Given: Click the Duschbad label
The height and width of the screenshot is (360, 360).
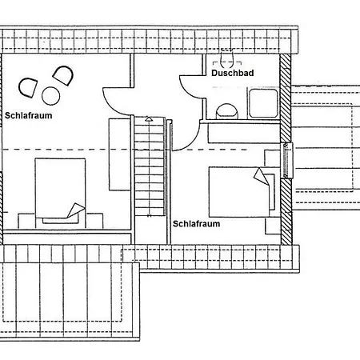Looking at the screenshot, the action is [x=233, y=73].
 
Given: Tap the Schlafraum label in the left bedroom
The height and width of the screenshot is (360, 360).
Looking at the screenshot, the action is [x=29, y=115].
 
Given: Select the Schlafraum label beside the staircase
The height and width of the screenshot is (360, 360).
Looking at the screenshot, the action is [x=197, y=224].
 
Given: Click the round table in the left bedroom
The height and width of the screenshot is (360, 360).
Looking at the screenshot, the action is [x=50, y=96].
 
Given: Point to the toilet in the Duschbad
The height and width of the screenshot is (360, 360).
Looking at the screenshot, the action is [x=227, y=111].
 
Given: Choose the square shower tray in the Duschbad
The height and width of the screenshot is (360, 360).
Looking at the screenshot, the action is [x=263, y=103].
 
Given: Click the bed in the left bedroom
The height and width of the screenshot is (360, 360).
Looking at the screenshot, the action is [x=60, y=190].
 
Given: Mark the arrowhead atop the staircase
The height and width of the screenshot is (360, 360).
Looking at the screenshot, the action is [x=149, y=118].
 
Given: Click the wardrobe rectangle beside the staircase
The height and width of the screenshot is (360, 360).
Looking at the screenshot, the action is [x=119, y=154].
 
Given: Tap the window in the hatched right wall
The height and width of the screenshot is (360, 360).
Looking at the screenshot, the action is [x=286, y=160].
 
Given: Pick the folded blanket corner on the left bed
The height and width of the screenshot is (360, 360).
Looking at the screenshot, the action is [x=76, y=210].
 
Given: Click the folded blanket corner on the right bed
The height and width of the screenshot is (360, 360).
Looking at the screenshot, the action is [x=261, y=176].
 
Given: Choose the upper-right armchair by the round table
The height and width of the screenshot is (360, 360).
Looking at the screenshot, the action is [x=63, y=75].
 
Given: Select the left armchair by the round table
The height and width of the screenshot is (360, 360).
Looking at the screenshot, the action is [x=28, y=88].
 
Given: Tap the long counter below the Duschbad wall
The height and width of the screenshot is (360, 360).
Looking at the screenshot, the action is [x=244, y=133].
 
